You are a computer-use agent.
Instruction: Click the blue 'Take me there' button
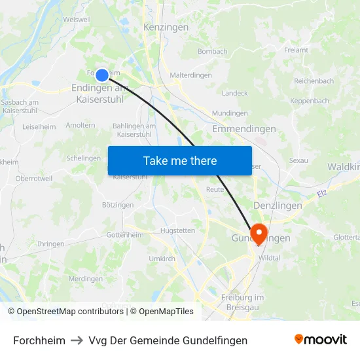pos(180,160)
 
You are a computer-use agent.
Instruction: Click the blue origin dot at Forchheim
pos(101,75)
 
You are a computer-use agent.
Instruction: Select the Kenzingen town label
pos(166,27)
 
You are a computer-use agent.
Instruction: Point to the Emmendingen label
pos(244,129)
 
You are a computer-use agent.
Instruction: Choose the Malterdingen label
pos(190,75)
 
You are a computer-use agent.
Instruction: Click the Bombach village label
pos(212,51)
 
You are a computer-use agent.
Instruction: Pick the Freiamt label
pos(296,50)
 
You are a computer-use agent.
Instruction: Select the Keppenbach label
pos(310,101)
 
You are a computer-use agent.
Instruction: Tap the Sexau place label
pos(298,160)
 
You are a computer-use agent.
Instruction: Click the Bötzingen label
pos(118,205)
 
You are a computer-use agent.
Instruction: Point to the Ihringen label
pos(51,244)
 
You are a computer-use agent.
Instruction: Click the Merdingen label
pos(86,278)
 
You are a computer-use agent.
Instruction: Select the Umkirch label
pos(162,259)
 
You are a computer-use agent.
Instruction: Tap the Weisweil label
pos(77,20)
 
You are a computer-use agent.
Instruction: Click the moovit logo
pos(321,339)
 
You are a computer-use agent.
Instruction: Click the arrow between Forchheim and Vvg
pos(77,340)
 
